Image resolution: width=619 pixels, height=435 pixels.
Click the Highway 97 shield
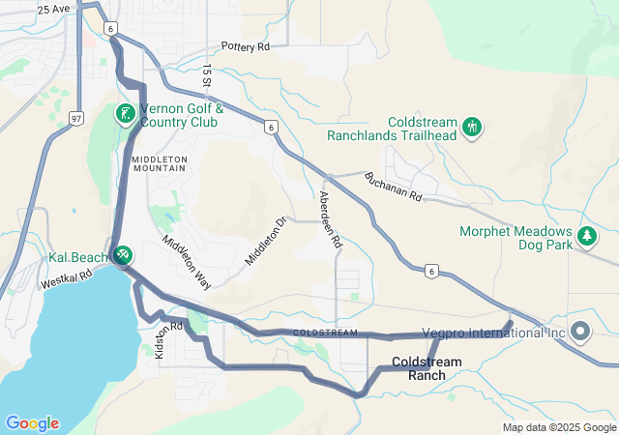(75, 118)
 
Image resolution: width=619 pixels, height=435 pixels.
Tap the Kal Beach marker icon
(123, 256)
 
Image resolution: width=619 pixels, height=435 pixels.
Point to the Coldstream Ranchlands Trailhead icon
(472, 127)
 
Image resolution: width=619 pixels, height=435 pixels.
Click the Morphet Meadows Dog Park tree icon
(585, 236)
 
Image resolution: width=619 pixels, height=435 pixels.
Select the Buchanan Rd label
(394, 187)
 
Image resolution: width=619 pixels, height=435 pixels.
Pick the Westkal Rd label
(65, 279)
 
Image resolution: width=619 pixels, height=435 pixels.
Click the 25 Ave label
(53, 9)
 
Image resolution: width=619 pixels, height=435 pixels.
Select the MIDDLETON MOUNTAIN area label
(159, 162)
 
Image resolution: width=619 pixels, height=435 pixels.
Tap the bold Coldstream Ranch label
(427, 368)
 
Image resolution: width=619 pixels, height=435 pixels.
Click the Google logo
(32, 423)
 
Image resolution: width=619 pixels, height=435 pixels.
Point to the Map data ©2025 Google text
(558, 427)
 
